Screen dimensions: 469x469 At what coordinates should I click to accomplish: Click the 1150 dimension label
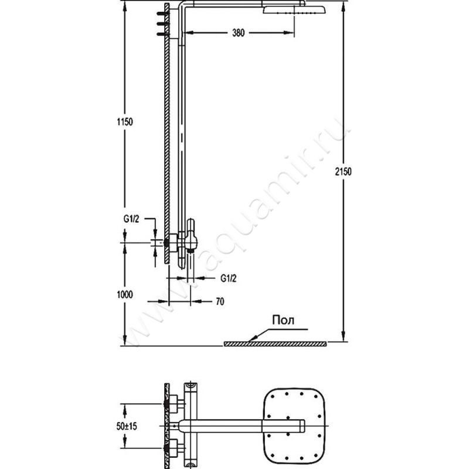coord(125,122)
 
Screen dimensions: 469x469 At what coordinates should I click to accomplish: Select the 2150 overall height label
coord(343,172)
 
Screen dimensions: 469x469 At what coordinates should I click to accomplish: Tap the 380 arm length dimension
coord(239,33)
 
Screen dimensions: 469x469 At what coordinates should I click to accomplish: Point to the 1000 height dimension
coord(125,295)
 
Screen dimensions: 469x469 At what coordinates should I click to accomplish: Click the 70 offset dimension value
coord(220,301)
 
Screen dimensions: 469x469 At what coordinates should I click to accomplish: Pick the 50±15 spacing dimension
coord(127,426)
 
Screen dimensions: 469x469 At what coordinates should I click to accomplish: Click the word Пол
coord(283,320)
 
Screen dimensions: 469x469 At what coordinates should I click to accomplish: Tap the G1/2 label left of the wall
coord(131,219)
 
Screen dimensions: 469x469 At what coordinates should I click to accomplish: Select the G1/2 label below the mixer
coord(229,278)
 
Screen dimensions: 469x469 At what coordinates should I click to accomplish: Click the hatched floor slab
coord(275,344)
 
